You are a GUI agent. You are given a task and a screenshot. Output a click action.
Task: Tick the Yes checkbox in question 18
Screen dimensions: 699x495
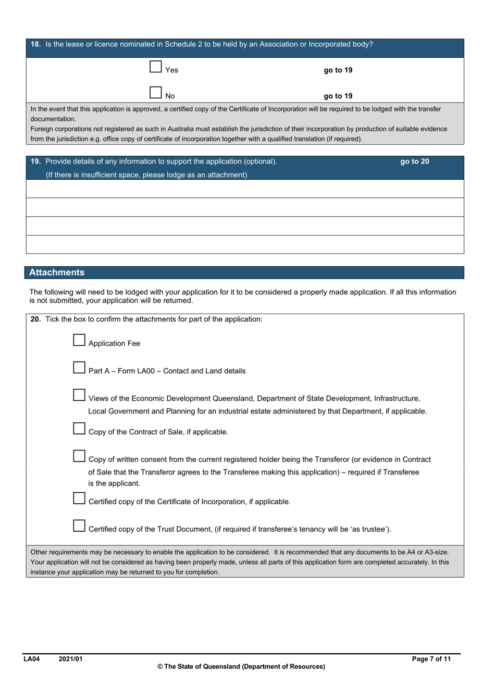click(155, 67)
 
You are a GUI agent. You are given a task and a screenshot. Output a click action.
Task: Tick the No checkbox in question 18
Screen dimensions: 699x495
click(155, 93)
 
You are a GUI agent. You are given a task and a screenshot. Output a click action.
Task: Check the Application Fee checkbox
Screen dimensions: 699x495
click(79, 340)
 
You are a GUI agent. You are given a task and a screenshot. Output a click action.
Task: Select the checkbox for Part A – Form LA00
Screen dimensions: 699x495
click(79, 368)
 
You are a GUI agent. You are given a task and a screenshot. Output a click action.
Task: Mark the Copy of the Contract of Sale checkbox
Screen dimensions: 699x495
click(79, 429)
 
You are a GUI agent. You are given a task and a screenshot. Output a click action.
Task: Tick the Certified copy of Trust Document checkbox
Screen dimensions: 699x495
click(79, 526)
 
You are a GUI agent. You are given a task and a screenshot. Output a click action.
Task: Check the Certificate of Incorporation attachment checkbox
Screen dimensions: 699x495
click(79, 498)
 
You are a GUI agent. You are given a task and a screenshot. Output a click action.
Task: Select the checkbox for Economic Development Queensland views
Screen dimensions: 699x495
click(79, 395)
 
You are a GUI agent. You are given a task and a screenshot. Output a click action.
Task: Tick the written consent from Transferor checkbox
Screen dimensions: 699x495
click(79, 456)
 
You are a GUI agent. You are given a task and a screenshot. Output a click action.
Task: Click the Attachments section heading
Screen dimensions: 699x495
click(57, 272)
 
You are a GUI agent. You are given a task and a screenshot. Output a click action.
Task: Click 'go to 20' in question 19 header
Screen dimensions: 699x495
click(414, 161)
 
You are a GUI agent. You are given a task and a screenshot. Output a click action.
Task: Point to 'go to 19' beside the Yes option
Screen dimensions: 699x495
click(338, 70)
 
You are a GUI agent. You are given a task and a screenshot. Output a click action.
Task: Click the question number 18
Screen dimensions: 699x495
click(35, 44)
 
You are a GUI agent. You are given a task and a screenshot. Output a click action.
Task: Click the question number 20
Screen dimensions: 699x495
click(35, 319)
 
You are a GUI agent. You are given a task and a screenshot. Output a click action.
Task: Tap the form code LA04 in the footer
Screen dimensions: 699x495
click(32, 659)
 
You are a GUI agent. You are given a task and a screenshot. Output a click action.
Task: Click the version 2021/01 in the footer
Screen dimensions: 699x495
click(70, 659)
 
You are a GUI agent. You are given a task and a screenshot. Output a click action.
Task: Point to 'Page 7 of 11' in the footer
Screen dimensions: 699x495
click(431, 659)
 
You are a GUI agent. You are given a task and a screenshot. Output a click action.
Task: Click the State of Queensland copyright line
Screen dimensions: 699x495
click(241, 667)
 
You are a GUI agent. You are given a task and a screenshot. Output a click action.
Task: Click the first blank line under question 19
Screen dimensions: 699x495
click(245, 189)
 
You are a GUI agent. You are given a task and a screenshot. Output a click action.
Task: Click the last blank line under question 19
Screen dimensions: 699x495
click(245, 245)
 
